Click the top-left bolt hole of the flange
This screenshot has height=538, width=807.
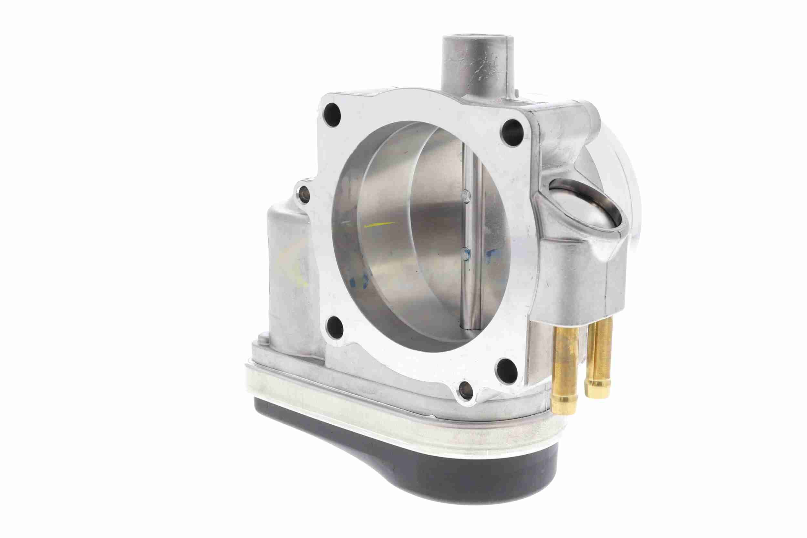(332, 112)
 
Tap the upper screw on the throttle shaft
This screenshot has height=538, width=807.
(465, 196)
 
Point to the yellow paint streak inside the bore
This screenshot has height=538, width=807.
(379, 225)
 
